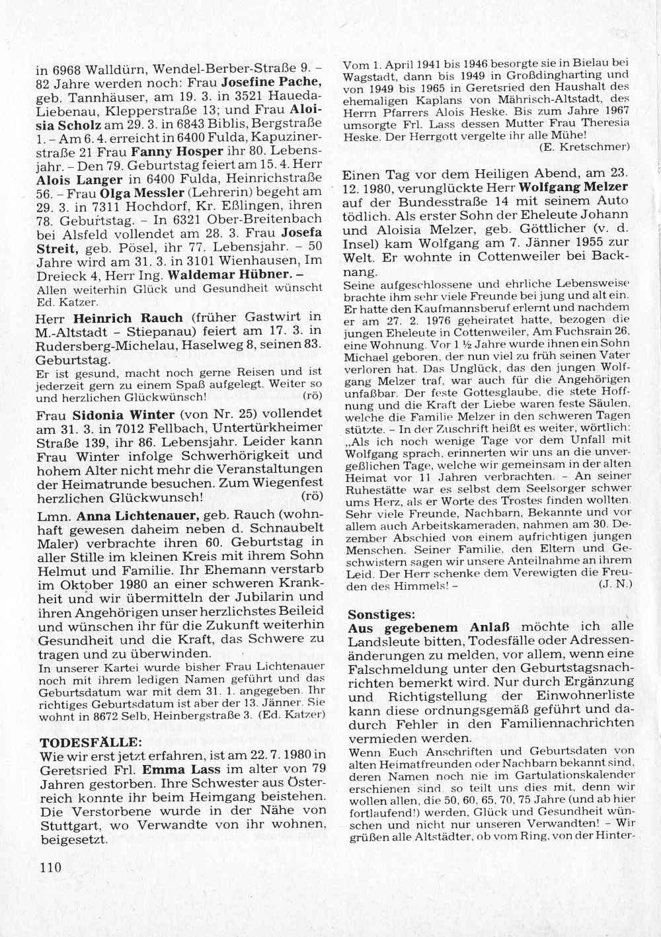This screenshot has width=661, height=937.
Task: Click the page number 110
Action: (50, 868)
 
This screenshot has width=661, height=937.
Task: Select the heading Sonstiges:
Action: (381, 613)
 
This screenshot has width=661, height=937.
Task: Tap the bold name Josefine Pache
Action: (271, 83)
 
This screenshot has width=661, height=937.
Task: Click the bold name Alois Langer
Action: (79, 179)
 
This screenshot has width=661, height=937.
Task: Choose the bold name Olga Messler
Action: (141, 192)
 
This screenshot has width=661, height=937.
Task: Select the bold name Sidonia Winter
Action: (124, 415)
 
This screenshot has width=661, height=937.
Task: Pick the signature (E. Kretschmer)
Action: (584, 146)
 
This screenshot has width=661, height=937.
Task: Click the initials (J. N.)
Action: (615, 584)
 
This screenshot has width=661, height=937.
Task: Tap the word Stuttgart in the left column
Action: (73, 826)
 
